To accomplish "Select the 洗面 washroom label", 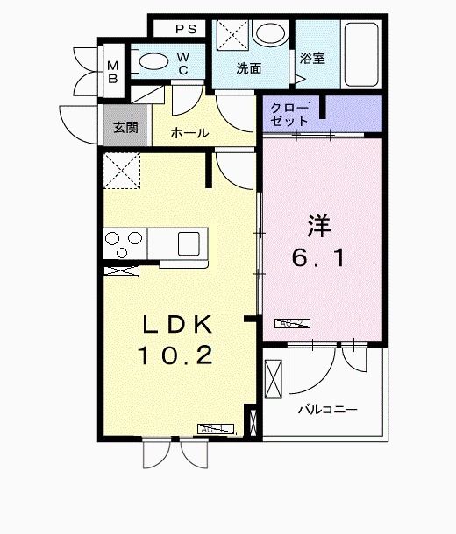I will [x=248, y=67].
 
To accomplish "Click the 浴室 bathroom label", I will [x=312, y=59].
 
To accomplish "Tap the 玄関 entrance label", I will [x=125, y=126].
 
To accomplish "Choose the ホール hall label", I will [x=189, y=133].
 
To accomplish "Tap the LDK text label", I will [x=179, y=324].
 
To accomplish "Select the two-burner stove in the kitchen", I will [x=125, y=238].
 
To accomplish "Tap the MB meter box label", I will [x=113, y=68].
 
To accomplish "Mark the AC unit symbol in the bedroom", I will [x=293, y=323].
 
